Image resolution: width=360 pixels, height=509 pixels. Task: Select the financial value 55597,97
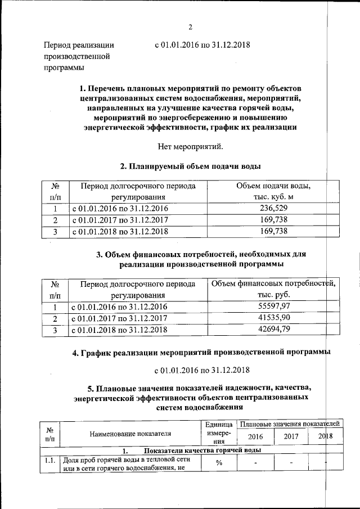coord(273,307)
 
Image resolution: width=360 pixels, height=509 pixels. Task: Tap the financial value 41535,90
coord(273,318)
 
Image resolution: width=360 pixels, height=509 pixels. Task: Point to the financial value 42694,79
coord(273,330)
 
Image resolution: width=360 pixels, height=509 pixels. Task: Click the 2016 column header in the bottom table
coord(255,436)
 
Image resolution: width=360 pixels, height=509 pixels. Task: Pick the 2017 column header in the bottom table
coord(291,436)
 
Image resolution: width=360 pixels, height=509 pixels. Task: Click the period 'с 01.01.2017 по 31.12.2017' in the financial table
coord(120,319)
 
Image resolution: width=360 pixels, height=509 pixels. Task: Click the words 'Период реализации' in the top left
coord(79,45)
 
